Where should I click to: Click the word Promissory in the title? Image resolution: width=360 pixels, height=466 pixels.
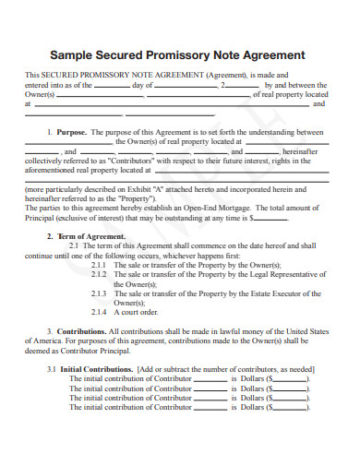[x=197, y=54]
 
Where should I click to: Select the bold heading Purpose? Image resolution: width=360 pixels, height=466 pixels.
[x=71, y=132]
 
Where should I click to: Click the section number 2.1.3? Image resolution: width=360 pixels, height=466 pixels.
[x=100, y=293]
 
